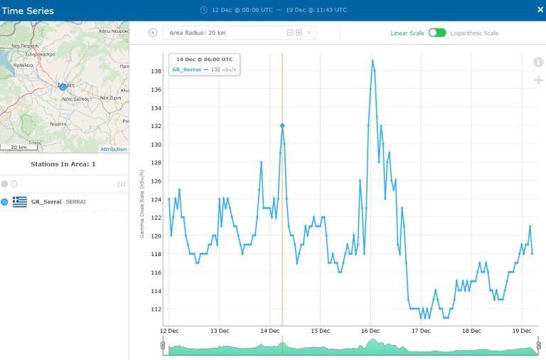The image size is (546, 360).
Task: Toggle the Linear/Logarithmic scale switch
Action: click(x=437, y=33)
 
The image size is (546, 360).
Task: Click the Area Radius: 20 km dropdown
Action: click(x=239, y=33)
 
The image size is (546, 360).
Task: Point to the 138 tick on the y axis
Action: click(x=156, y=71)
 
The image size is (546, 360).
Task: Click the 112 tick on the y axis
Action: click(x=156, y=309)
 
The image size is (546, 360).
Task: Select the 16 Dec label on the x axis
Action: click(x=371, y=331)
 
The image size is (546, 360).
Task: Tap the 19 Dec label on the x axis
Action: click(x=522, y=331)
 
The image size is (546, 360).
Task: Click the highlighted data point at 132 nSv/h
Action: click(x=282, y=125)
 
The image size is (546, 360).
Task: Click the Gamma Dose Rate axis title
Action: click(x=142, y=203)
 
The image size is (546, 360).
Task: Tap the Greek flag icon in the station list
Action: click(x=20, y=202)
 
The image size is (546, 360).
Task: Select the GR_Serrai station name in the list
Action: click(x=46, y=202)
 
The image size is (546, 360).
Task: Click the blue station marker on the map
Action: click(x=63, y=86)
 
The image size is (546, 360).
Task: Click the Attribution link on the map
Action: click(x=113, y=149)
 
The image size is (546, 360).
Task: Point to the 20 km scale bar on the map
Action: click(x=18, y=147)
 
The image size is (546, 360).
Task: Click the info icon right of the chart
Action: click(x=538, y=62)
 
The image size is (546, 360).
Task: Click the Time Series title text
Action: click(x=28, y=11)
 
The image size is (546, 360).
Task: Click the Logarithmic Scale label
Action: click(x=474, y=33)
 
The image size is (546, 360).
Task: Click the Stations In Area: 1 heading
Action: click(x=63, y=164)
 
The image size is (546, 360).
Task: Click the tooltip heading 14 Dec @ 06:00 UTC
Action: click(x=205, y=59)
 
